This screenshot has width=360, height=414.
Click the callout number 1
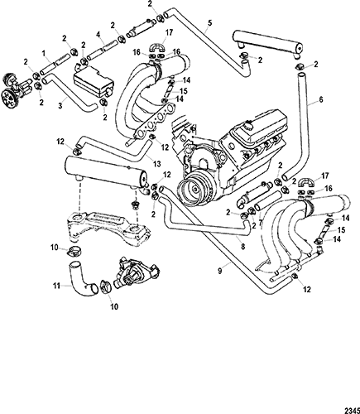pos(43,52)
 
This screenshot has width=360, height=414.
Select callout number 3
pos(61,105)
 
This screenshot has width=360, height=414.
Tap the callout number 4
pos(98,36)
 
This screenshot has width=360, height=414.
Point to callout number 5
pos(210,23)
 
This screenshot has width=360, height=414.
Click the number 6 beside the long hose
pos(321,100)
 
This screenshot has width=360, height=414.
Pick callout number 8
pos(243,247)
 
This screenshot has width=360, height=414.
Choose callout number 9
pos(219,271)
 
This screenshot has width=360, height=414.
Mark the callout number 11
pos(56,286)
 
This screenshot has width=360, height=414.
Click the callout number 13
pos(156,164)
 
